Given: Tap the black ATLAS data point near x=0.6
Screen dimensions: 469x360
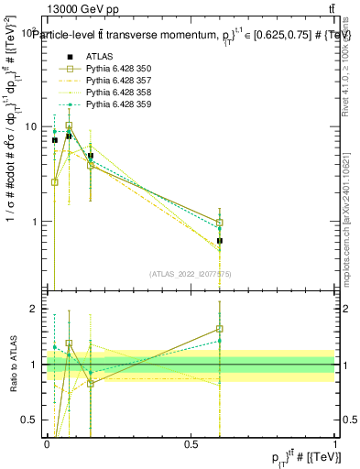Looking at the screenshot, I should click(x=220, y=241).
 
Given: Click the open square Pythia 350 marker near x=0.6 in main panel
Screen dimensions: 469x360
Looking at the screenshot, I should click(x=220, y=223).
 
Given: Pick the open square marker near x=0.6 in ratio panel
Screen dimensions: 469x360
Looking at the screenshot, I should click(x=220, y=329).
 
